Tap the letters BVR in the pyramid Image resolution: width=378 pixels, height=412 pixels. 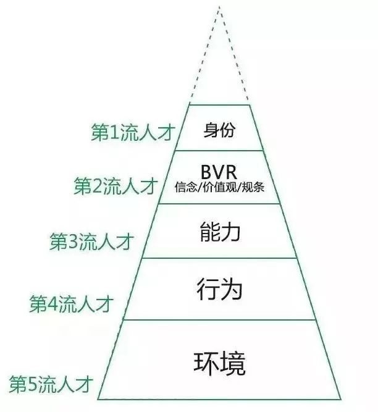[219, 170]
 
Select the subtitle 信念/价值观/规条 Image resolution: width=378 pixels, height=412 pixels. [219, 187]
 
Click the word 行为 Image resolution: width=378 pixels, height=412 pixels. [220, 288]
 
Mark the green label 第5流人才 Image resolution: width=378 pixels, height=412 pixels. [51, 385]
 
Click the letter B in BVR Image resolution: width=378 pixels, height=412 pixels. [207, 170]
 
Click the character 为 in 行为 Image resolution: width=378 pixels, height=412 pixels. [232, 288]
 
